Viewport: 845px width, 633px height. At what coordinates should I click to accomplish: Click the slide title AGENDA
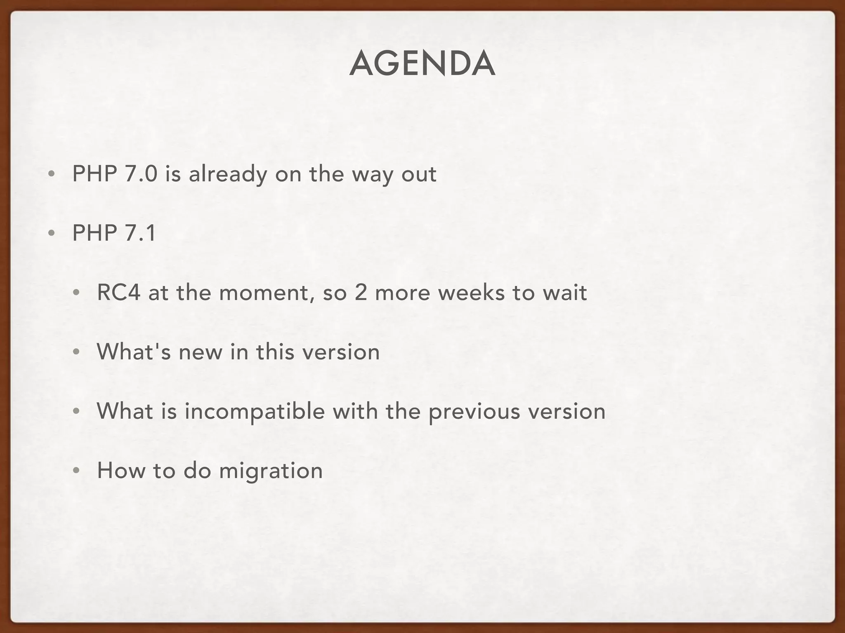pyautogui.click(x=422, y=64)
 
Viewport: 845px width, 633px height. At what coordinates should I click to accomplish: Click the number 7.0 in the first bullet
pyautogui.click(x=141, y=174)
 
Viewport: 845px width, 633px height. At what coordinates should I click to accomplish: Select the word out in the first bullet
pyautogui.click(x=419, y=174)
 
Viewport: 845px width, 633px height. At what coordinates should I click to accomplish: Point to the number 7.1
pyautogui.click(x=140, y=233)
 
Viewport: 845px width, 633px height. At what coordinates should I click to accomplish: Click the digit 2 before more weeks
pyautogui.click(x=360, y=293)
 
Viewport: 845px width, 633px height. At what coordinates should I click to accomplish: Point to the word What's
pyautogui.click(x=133, y=352)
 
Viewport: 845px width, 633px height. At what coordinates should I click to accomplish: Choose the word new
pyautogui.click(x=200, y=353)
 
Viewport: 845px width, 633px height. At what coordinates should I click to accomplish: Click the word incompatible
pyautogui.click(x=255, y=412)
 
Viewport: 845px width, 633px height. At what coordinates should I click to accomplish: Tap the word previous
pyautogui.click(x=474, y=412)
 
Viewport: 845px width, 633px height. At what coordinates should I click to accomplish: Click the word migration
pyautogui.click(x=271, y=471)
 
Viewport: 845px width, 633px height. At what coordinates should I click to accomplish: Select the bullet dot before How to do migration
pyautogui.click(x=76, y=471)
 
